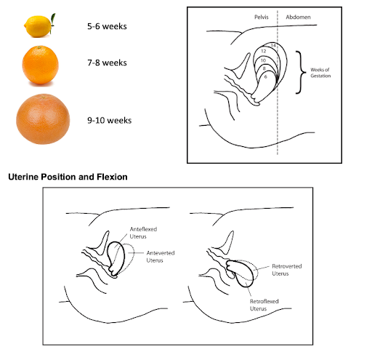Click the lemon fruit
pyautogui.click(x=38, y=26)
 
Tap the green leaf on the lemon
pyautogui.click(x=53, y=19)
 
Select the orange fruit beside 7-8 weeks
pyautogui.click(x=40, y=65)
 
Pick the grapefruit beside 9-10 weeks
pyautogui.click(x=43, y=119)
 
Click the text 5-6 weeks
pyautogui.click(x=107, y=26)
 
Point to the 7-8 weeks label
pyautogui.click(x=107, y=63)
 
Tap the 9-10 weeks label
pyautogui.click(x=110, y=121)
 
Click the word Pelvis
pyautogui.click(x=262, y=17)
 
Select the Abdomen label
pyautogui.click(x=298, y=17)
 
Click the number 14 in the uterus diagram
pyautogui.click(x=273, y=46)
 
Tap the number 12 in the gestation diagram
pyautogui.click(x=264, y=51)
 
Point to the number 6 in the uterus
pyautogui.click(x=266, y=77)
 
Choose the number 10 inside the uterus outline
pyautogui.click(x=263, y=60)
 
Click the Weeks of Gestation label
pyautogui.click(x=320, y=73)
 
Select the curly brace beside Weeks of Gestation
pyautogui.click(x=301, y=72)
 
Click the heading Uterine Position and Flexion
pyautogui.click(x=68, y=177)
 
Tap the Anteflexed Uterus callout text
pyautogui.click(x=143, y=233)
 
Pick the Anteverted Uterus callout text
pyautogui.click(x=161, y=257)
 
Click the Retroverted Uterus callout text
pyautogui.click(x=287, y=270)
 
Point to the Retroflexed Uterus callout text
pyautogui.click(x=264, y=305)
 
